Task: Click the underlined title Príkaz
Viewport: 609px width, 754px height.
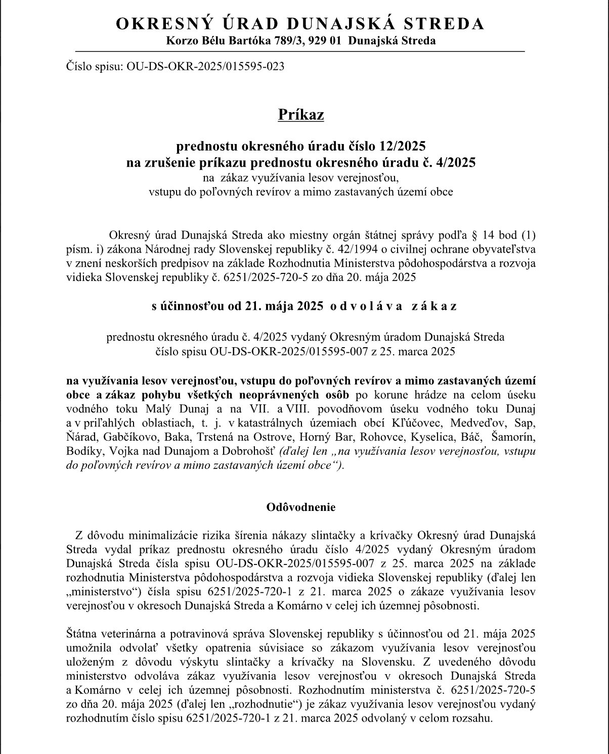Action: [301, 115]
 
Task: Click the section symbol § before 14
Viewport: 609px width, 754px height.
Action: [474, 235]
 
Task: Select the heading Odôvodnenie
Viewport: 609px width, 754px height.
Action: [301, 507]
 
